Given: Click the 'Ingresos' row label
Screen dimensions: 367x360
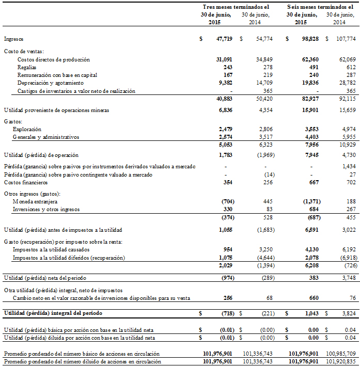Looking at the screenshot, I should point(13,39).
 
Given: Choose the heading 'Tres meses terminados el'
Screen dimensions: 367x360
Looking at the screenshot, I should point(235,7).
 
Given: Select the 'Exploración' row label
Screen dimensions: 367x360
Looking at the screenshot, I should point(27,129).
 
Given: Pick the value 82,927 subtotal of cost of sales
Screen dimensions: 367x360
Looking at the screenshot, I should point(309,98).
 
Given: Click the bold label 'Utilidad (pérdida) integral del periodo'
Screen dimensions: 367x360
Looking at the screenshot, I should point(53,313).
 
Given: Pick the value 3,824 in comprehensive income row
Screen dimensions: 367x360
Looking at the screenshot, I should point(349,313).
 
